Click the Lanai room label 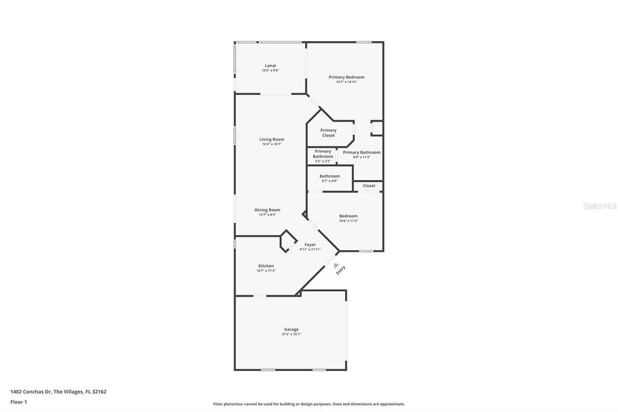270,65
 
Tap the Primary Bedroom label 346,77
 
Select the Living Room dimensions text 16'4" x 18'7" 272,144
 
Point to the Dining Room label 267,210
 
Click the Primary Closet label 328,132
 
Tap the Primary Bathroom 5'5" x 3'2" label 323,154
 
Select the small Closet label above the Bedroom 369,185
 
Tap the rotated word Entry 341,271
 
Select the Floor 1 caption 19,401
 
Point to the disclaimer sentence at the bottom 308,404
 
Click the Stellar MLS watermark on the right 599,206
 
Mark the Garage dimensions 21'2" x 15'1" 291,334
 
